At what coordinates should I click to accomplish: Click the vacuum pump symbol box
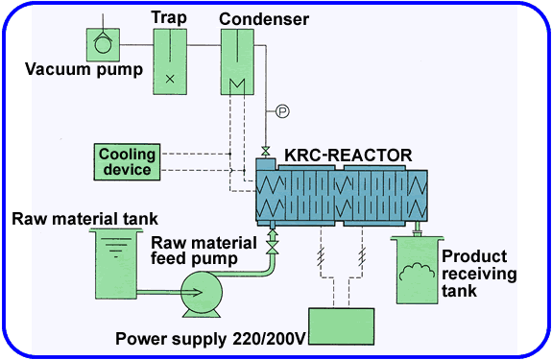click(101, 43)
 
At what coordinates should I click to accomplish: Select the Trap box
click(170, 60)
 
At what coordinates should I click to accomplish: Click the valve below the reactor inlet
click(272, 248)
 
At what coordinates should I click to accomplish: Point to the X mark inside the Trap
click(170, 79)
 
